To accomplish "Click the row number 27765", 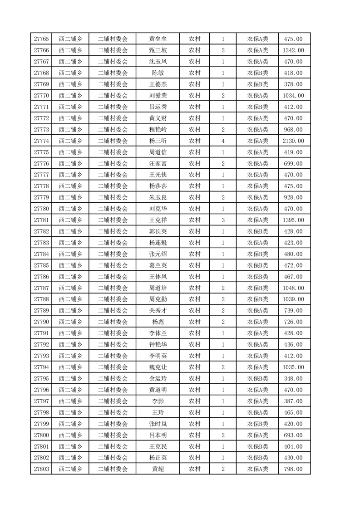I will click(41, 39).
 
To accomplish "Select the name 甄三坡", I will click(158, 50).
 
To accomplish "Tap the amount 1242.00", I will click(293, 50).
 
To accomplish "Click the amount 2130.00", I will click(293, 141).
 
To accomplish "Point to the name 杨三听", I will click(158, 141).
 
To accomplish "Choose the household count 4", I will click(223, 141).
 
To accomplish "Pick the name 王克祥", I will click(158, 220).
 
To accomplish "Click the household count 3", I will click(223, 220).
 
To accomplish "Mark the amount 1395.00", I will click(293, 220).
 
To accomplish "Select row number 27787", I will click(41, 288).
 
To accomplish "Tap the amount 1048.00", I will click(293, 288).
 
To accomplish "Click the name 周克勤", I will click(158, 299).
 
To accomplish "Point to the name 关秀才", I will click(158, 311).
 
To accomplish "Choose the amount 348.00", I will click(293, 378).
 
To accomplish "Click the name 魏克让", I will click(158, 367).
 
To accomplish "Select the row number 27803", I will click(41, 469).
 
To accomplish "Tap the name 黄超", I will click(158, 469).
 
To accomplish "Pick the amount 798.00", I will click(293, 469).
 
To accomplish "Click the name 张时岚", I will click(158, 424).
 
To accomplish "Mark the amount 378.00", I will click(293, 84).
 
